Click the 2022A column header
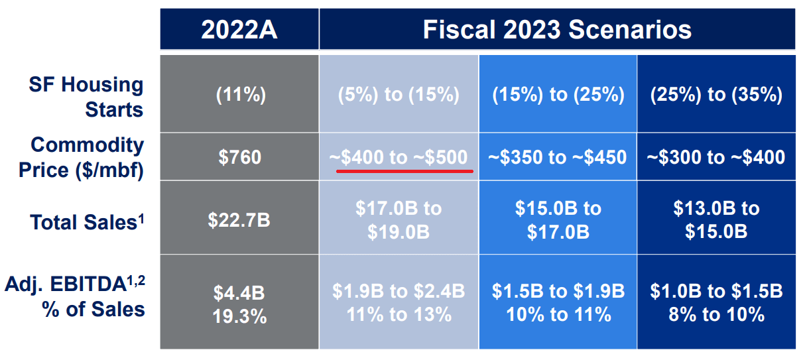(x=239, y=29)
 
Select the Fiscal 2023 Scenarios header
(x=557, y=29)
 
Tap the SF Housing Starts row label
(x=86, y=96)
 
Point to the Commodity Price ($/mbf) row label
(x=81, y=157)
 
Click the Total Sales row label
(x=87, y=221)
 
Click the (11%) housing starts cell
(x=241, y=95)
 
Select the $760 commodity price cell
(x=240, y=157)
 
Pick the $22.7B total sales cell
(x=240, y=219)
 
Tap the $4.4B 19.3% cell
(x=240, y=303)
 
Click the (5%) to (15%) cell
(x=399, y=95)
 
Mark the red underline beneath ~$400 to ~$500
(x=404, y=170)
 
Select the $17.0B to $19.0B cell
(x=399, y=220)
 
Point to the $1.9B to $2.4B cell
(x=399, y=302)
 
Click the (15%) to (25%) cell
(x=558, y=95)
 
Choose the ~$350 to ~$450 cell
(x=558, y=157)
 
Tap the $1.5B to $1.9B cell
(x=558, y=302)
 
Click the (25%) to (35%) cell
(x=716, y=95)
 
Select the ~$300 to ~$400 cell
(x=716, y=157)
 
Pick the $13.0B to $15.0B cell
(x=716, y=220)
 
